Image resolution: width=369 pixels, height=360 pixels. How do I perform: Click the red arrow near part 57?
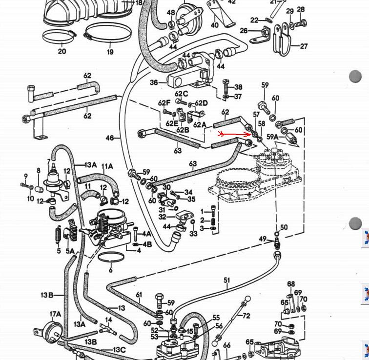[235, 134]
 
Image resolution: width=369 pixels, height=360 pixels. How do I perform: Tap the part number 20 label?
[62, 51]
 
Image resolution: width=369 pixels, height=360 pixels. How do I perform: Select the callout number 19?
[110, 52]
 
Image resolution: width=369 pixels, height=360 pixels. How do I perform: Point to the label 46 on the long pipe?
[109, 138]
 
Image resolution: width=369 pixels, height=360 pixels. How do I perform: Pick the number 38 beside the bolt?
[238, 87]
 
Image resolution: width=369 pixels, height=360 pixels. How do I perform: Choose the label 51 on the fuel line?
[226, 280]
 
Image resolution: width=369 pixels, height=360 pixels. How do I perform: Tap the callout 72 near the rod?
[246, 316]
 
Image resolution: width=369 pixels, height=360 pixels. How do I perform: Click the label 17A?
[55, 314]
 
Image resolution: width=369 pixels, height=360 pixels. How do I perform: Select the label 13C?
[119, 350]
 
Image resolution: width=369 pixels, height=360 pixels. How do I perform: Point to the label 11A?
[107, 166]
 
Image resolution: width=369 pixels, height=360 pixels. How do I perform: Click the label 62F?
[164, 103]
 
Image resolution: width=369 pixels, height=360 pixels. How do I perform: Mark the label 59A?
[272, 137]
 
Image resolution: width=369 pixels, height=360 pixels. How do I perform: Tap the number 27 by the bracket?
[304, 46]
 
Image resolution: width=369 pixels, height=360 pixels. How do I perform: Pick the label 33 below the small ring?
[194, 234]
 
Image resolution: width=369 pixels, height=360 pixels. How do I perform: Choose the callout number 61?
[139, 294]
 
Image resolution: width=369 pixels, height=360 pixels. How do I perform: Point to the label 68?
[291, 284]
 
